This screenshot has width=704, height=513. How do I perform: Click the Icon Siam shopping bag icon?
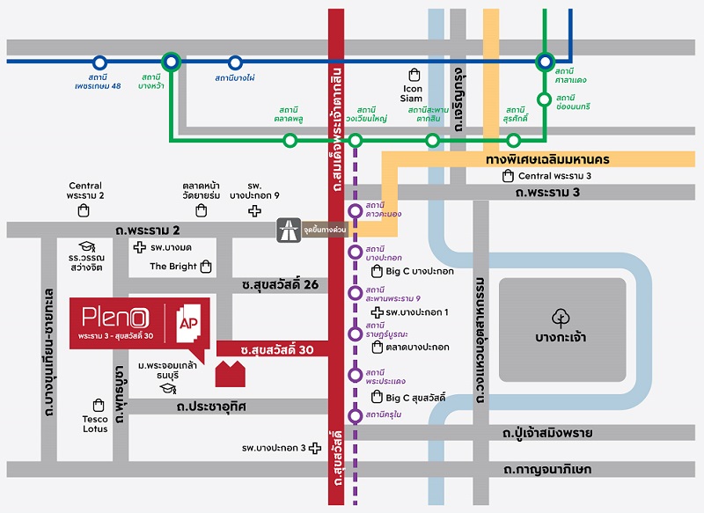pyautogui.click(x=413, y=75)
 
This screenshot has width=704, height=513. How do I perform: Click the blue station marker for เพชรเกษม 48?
pyautogui.click(x=99, y=62)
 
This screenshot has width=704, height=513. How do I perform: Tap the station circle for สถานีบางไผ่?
pyautogui.click(x=235, y=62)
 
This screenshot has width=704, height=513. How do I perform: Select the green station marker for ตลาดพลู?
pyautogui.click(x=290, y=140)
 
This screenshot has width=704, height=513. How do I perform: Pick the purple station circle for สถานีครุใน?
pyautogui.click(x=355, y=415)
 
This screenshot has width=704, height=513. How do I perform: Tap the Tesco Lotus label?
pyautogui.click(x=95, y=424)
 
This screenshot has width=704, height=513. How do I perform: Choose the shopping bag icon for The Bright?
pyautogui.click(x=206, y=266)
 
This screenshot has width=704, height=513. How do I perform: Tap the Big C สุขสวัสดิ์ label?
pyautogui.click(x=416, y=398)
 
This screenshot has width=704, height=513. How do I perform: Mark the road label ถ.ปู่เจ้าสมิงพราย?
pyautogui.click(x=547, y=433)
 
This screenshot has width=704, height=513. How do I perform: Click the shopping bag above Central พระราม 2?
pyautogui.click(x=84, y=210)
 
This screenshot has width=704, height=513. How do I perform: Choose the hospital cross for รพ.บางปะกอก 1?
pyautogui.click(x=377, y=312)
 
